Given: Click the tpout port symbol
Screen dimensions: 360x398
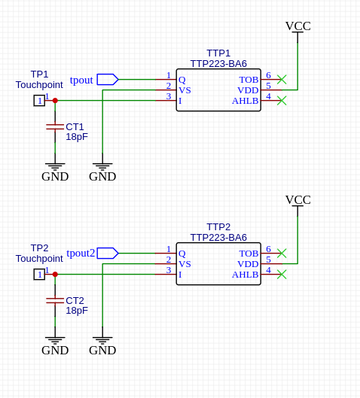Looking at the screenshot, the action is pyautogui.click(x=108, y=80).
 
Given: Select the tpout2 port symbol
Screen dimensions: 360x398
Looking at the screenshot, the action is pyautogui.click(x=108, y=253).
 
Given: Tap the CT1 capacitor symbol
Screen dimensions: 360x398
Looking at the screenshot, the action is pyautogui.click(x=55, y=126).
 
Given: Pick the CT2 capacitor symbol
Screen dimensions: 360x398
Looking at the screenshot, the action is pyautogui.click(x=55, y=300).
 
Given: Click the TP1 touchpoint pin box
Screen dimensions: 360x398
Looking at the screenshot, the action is pyautogui.click(x=39, y=101).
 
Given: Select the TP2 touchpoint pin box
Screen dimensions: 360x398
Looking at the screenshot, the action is pyautogui.click(x=39, y=275).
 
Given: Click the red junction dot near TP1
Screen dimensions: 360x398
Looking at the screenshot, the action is pyautogui.click(x=55, y=101).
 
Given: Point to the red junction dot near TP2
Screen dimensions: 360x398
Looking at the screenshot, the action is pyautogui.click(x=55, y=275).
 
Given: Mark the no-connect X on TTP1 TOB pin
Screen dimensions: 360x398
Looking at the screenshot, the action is pyautogui.click(x=282, y=80).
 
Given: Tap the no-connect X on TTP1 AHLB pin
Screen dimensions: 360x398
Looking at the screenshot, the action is pyautogui.click(x=282, y=101).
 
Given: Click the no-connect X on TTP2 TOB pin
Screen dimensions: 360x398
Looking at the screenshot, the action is pyautogui.click(x=282, y=254).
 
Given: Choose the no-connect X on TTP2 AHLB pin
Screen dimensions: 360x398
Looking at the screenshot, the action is pyautogui.click(x=282, y=275).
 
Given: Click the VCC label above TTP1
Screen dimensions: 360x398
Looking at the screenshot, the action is pyautogui.click(x=298, y=26).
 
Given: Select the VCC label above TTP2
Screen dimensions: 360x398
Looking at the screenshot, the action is pyautogui.click(x=298, y=200).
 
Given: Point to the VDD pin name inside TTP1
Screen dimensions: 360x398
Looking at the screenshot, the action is pyautogui.click(x=248, y=90).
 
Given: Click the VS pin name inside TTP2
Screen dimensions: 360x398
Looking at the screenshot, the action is pyautogui.click(x=185, y=264).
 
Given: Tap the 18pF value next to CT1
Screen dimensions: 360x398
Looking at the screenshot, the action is pyautogui.click(x=77, y=137).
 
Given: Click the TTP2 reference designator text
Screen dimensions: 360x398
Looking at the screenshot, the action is pyautogui.click(x=218, y=226).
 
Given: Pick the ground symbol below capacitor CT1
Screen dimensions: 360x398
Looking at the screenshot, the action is pyautogui.click(x=55, y=166).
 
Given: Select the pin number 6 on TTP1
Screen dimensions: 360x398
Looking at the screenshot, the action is pyautogui.click(x=268, y=75).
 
